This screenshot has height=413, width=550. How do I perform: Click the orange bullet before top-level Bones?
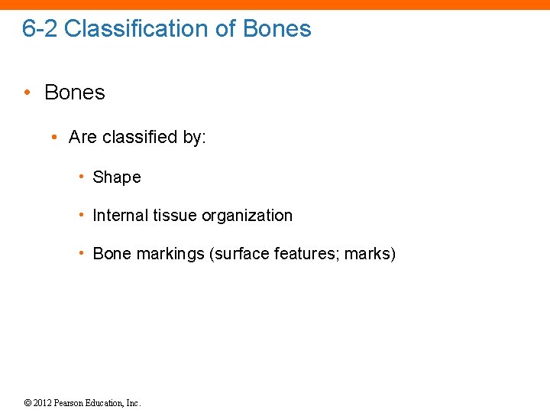[x=27, y=93]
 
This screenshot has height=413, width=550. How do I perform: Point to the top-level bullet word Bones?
[x=75, y=93]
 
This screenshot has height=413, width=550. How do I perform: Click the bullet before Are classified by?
[x=54, y=138]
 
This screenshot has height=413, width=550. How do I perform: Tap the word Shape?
[x=117, y=177]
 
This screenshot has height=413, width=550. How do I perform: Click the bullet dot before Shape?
[x=81, y=177]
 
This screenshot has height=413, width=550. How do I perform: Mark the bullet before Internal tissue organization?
[x=81, y=216]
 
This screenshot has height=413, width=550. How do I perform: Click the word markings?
[x=170, y=254]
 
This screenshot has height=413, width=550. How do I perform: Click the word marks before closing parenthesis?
[x=367, y=254]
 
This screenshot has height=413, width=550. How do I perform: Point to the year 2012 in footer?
[x=43, y=403]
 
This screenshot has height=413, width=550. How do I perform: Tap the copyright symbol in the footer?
[x=27, y=403]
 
